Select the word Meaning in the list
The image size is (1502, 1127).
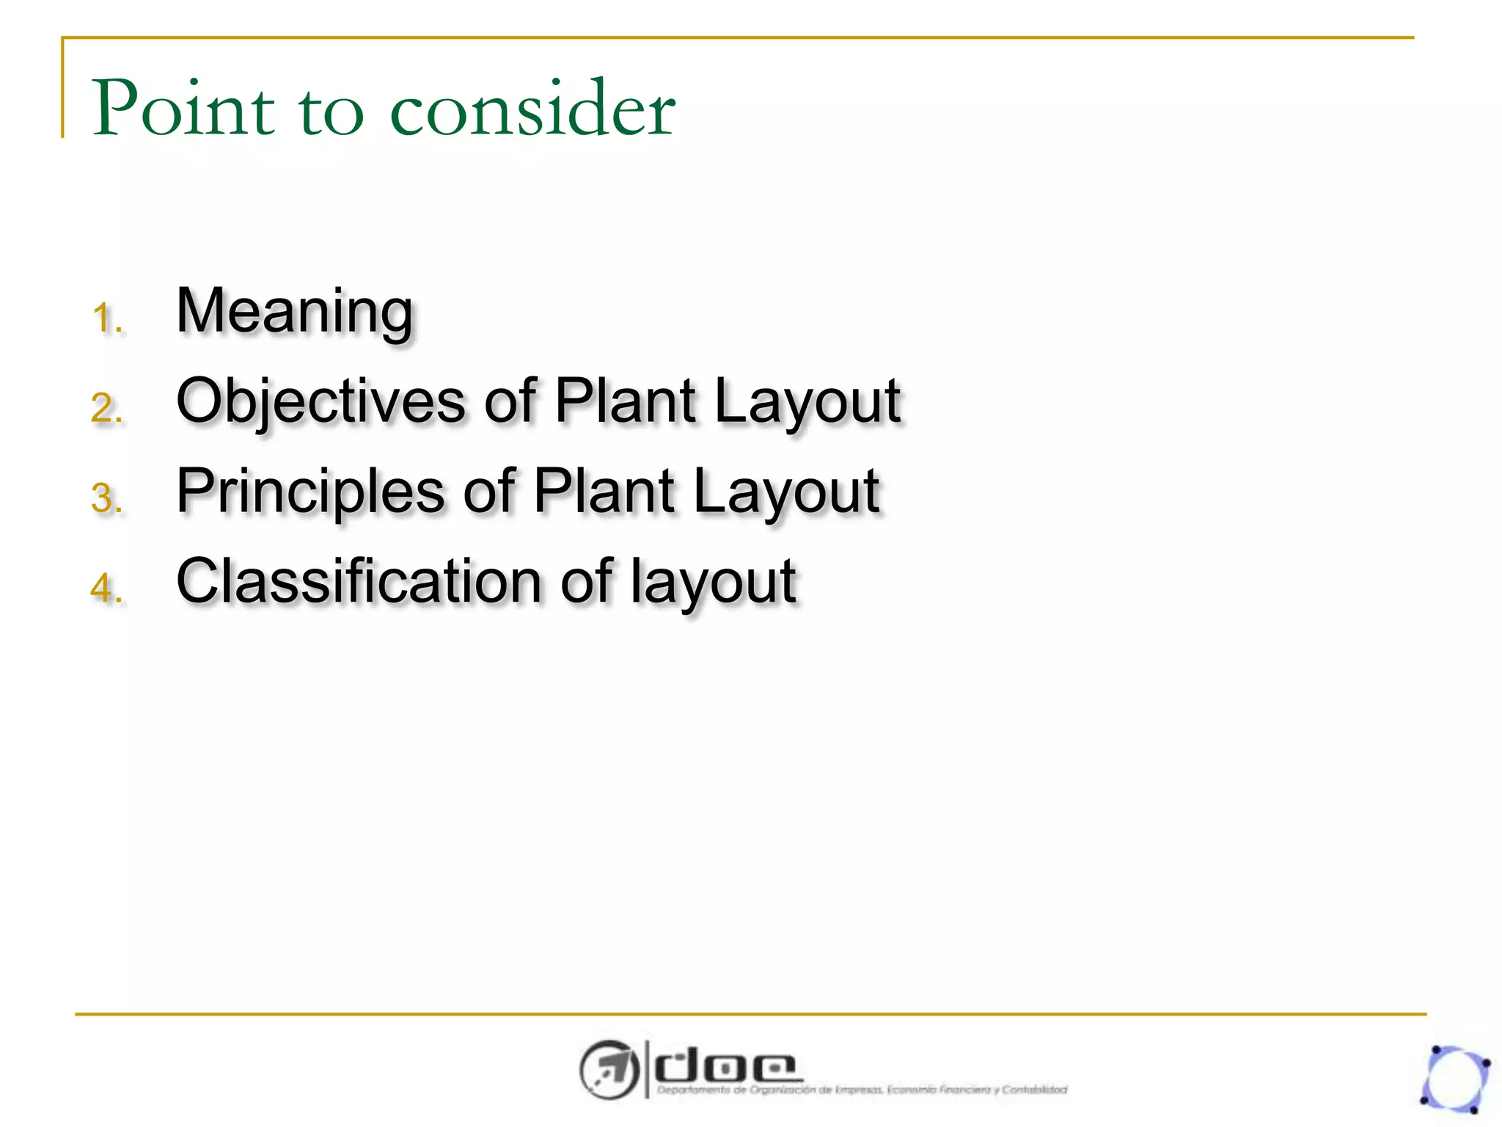295,312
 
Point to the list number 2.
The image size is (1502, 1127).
106,409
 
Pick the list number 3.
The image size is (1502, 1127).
106,499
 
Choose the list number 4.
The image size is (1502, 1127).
106,588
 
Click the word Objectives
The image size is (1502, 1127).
321,401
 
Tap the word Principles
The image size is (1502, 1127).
310,492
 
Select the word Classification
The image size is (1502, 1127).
359,581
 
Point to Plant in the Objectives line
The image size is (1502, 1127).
625,401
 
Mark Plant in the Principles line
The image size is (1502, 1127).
604,492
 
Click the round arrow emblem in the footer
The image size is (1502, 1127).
608,1069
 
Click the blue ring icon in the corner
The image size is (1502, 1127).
1455,1079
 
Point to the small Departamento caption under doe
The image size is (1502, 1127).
861,1090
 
